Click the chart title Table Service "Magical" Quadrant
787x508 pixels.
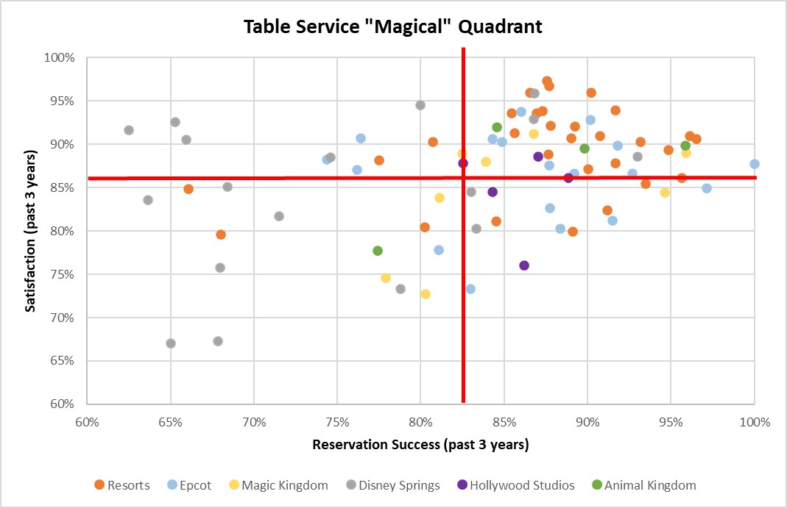393,27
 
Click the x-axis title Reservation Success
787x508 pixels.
420,445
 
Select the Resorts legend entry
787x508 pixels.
122,485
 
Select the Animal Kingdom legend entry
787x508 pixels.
643,485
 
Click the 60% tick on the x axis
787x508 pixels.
87,423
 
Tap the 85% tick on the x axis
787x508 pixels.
504,423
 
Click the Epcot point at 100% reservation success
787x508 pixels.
754,164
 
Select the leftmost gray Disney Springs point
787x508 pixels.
129,130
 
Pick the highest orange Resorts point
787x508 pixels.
547,81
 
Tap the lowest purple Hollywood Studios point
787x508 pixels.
524,265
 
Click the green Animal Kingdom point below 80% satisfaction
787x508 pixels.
378,251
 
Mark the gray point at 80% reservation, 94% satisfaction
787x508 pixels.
420,105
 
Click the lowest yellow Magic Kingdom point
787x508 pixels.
426,294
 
